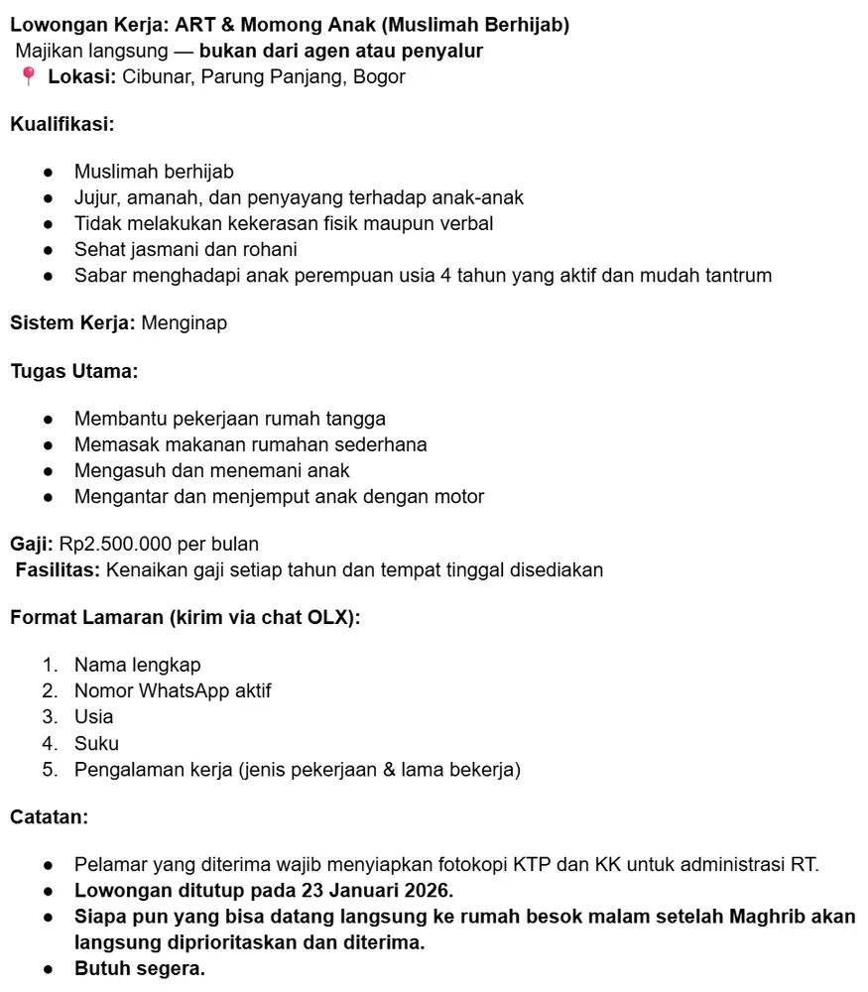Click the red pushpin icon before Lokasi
28,76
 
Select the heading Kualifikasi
62,125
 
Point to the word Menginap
184,322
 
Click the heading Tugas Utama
73,372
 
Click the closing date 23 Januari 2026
357,890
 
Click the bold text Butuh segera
140,968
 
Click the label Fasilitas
58,569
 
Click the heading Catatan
49,817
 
